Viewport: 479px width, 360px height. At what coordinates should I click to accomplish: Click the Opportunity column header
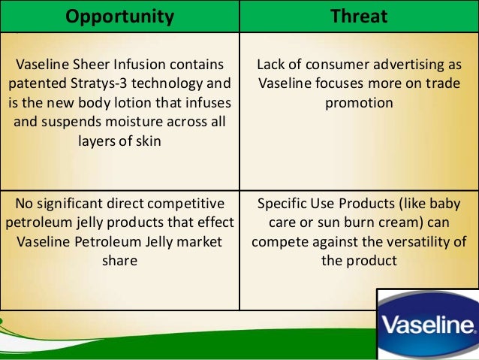[x=119, y=16]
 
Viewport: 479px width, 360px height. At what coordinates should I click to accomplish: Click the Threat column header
[x=358, y=16]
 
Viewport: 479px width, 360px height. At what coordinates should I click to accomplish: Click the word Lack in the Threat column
[x=271, y=65]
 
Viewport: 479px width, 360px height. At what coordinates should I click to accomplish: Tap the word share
[x=119, y=261]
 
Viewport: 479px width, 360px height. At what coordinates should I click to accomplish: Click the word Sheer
[x=93, y=65]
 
